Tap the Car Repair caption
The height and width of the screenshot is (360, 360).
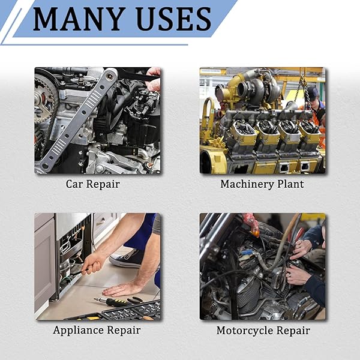coord(93,184)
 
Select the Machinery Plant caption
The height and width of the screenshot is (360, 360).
coord(262,184)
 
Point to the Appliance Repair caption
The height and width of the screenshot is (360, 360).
coord(97,331)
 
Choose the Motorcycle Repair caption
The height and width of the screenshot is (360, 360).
coord(263,331)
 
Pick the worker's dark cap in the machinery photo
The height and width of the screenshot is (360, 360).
coord(313,91)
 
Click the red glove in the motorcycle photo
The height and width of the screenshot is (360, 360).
coord(251,224)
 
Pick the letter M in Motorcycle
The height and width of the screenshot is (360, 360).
coord(222,331)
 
